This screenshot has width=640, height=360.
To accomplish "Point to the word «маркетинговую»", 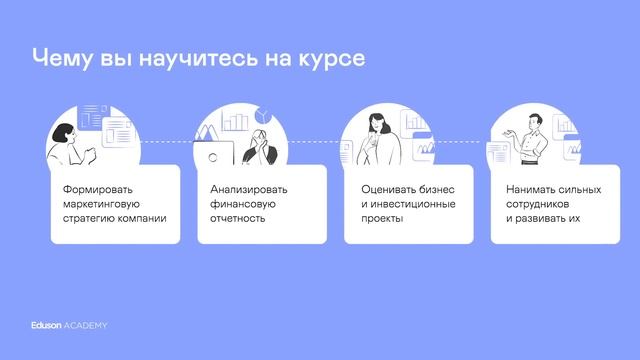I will [x=103, y=203].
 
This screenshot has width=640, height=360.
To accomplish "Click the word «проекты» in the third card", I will [x=382, y=217].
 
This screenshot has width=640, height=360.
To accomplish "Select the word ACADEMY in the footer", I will [x=86, y=326].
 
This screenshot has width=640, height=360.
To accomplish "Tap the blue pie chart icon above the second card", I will [x=264, y=111].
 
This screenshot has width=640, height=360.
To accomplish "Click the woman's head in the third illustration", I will [x=377, y=119].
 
